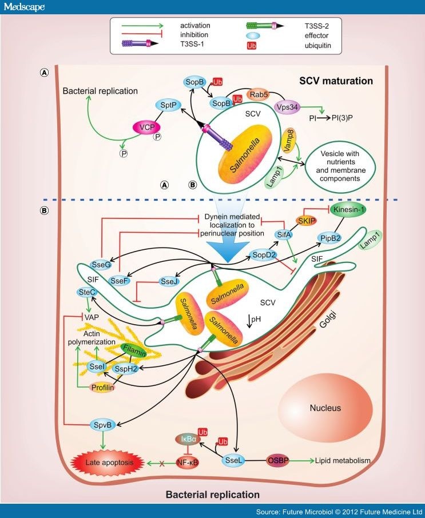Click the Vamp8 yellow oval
(290, 139)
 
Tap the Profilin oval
(103, 388)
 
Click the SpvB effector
(104, 424)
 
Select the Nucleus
(325, 408)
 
